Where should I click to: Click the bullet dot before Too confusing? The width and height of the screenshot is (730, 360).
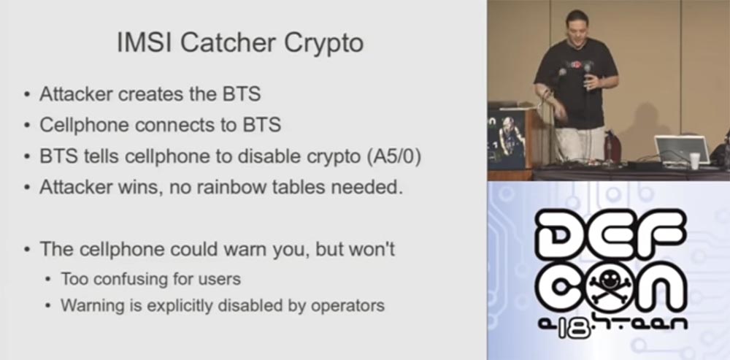(48, 279)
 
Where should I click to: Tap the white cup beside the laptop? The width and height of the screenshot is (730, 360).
(694, 161)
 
